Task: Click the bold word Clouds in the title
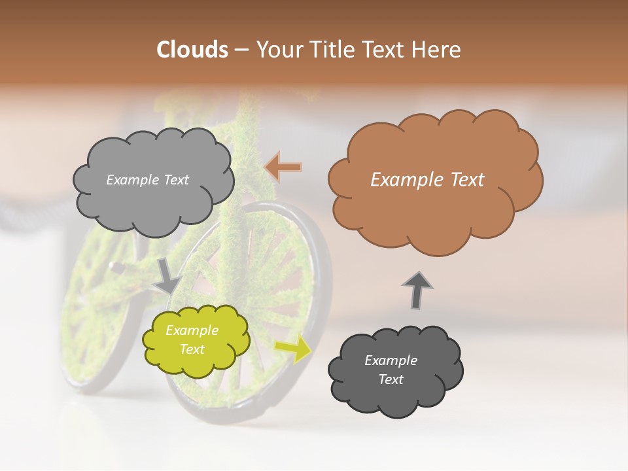pyautogui.click(x=192, y=50)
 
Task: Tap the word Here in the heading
pyautogui.click(x=438, y=50)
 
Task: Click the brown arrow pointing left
pyautogui.click(x=283, y=167)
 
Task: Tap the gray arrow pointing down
pyautogui.click(x=167, y=275)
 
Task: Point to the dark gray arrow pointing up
pyautogui.click(x=417, y=289)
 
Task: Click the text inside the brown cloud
pyautogui.click(x=427, y=180)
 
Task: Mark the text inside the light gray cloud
pyautogui.click(x=147, y=180)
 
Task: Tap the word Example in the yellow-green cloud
pyautogui.click(x=192, y=330)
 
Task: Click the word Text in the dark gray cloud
pyautogui.click(x=391, y=379)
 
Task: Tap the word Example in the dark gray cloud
pyautogui.click(x=391, y=360)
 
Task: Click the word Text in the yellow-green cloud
pyautogui.click(x=192, y=349)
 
